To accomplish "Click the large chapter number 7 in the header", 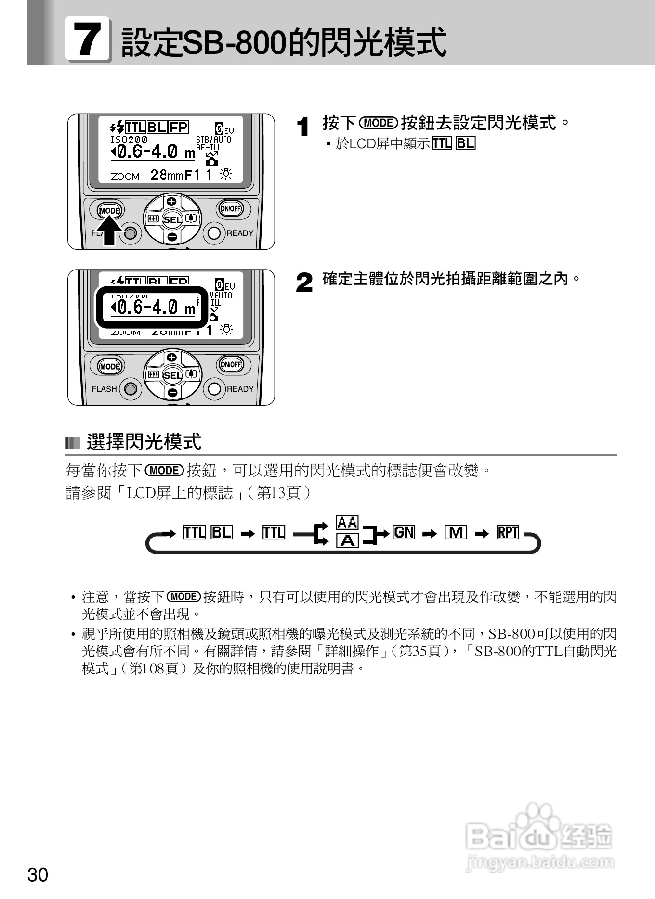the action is pyautogui.click(x=88, y=39).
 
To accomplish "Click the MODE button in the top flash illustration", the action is pyautogui.click(x=109, y=210).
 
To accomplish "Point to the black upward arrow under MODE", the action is pyautogui.click(x=110, y=231).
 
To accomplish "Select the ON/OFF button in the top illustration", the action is pyautogui.click(x=230, y=208).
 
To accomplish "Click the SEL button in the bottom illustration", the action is pyautogui.click(x=172, y=375).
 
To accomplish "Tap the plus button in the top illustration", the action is pyautogui.click(x=172, y=202).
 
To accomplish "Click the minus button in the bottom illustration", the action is pyautogui.click(x=172, y=393).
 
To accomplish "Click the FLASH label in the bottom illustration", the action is pyautogui.click(x=104, y=389).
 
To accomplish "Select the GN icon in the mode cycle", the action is pyautogui.click(x=404, y=532).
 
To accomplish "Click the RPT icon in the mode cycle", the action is pyautogui.click(x=508, y=532).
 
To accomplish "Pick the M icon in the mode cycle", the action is pyautogui.click(x=456, y=532).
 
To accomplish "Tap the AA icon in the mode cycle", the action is pyautogui.click(x=347, y=523).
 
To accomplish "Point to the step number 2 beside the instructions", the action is pyautogui.click(x=304, y=283).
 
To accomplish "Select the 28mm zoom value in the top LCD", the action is pyautogui.click(x=167, y=174).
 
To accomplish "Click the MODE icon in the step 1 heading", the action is pyautogui.click(x=379, y=123).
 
